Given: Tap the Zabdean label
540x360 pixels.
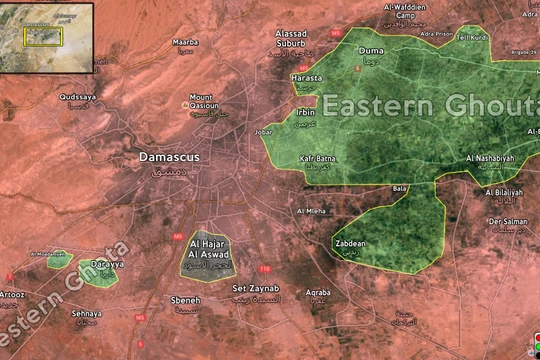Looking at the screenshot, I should tap(349, 242).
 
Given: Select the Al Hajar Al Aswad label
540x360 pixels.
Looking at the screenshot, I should tap(207, 250).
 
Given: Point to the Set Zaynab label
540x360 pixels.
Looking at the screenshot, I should tap(255, 289).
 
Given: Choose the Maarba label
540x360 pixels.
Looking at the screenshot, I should tap(185, 43).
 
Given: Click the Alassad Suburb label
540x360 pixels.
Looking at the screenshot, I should tap(297, 38).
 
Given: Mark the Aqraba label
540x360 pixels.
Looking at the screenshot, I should tap(318, 293).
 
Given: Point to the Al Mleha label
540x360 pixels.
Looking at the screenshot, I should tap(310, 212).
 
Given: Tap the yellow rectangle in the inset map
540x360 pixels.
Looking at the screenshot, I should tap(44, 36).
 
